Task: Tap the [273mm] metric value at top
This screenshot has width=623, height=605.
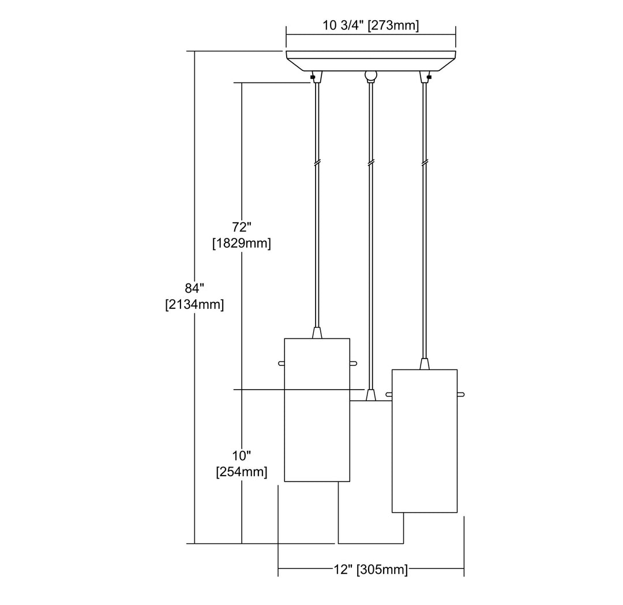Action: pyautogui.click(x=395, y=26)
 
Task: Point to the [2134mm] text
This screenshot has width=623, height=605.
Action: pyautogui.click(x=194, y=305)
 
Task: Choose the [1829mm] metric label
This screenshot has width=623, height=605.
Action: pyautogui.click(x=241, y=243)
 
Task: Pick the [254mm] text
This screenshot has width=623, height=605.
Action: pyautogui.click(x=241, y=472)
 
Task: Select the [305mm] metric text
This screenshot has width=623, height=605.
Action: pyautogui.click(x=382, y=570)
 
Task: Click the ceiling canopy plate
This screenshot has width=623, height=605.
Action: pyautogui.click(x=371, y=60)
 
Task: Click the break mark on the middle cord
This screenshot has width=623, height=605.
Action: pyautogui.click(x=370, y=163)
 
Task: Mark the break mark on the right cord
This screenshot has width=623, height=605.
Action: pyautogui.click(x=426, y=163)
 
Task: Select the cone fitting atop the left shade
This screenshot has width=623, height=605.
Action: pyautogui.click(x=316, y=333)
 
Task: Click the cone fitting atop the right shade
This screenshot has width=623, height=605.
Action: pyautogui.click(x=425, y=364)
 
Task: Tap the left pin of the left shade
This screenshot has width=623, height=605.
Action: pyautogui.click(x=281, y=363)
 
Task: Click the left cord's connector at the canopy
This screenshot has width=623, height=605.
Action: pyautogui.click(x=316, y=76)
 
